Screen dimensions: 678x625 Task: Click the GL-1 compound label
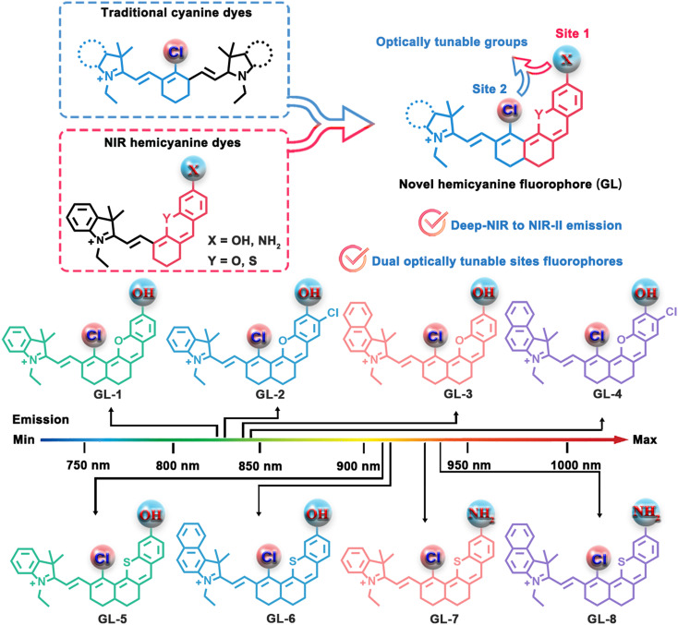[x=107, y=394]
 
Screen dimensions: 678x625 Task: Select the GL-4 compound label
[x=607, y=393]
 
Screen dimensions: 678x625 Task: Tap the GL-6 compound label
[x=281, y=619]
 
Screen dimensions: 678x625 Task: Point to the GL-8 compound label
[x=602, y=619]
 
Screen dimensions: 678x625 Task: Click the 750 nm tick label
[x=88, y=465]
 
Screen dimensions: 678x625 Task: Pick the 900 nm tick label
[x=358, y=466]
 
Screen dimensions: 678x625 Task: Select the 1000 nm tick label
[x=575, y=465]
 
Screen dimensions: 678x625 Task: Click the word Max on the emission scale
[x=645, y=439]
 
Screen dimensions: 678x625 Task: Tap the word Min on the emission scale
[x=24, y=439]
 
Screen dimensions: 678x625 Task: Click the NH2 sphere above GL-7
[x=481, y=513]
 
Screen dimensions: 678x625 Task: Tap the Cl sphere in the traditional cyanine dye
[x=176, y=52]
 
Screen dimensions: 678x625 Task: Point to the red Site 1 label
[x=572, y=33]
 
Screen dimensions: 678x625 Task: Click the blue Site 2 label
[x=490, y=89]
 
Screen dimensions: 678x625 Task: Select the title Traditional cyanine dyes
[x=176, y=13]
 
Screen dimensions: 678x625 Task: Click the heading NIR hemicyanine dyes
[x=173, y=143]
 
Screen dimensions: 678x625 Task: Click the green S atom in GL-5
[x=127, y=562]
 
